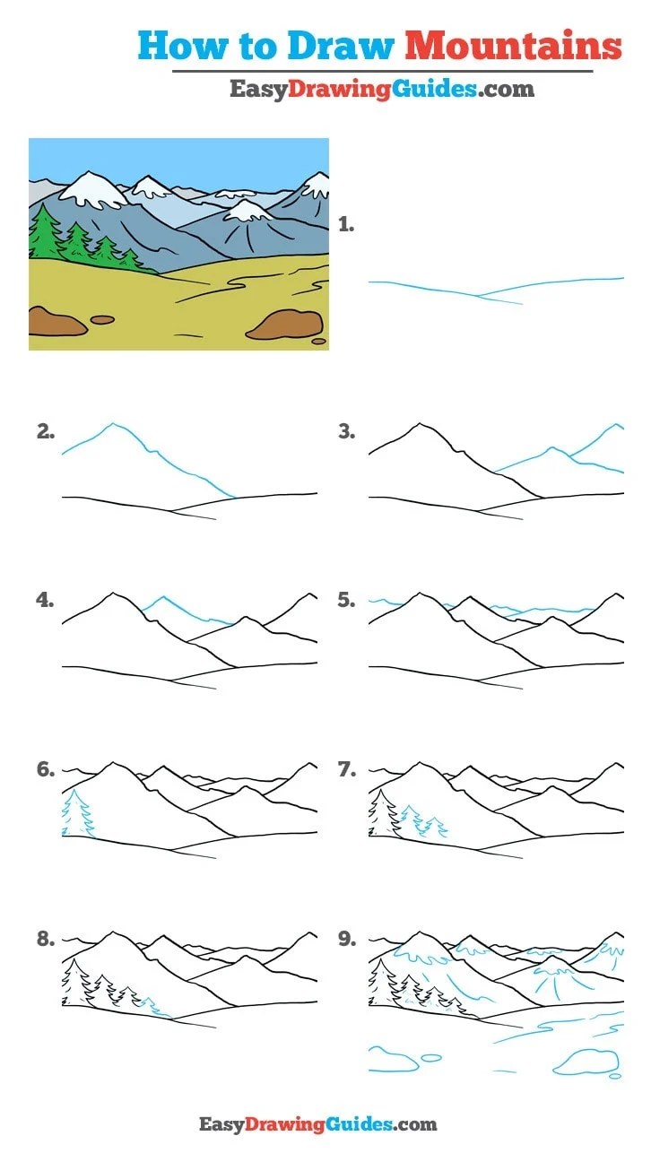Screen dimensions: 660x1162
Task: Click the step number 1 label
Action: click(x=346, y=225)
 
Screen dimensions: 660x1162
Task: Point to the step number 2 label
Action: click(x=45, y=431)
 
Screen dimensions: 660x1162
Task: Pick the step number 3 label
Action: click(x=347, y=431)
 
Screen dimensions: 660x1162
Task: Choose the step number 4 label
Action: click(x=45, y=600)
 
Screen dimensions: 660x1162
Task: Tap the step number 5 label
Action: click(x=347, y=600)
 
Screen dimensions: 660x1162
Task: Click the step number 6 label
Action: click(x=45, y=769)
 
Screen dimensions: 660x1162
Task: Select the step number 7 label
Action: click(x=347, y=769)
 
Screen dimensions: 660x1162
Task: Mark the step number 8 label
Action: click(x=45, y=939)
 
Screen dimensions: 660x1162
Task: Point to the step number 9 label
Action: click(x=347, y=939)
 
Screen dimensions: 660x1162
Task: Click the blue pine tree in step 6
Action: click(x=77, y=812)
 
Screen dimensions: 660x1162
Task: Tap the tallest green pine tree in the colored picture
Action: click(x=44, y=232)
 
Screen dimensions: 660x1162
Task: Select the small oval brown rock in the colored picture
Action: click(x=103, y=319)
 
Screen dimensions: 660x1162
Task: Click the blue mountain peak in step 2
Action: click(x=113, y=424)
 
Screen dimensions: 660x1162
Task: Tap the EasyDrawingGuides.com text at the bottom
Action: click(x=318, y=1124)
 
